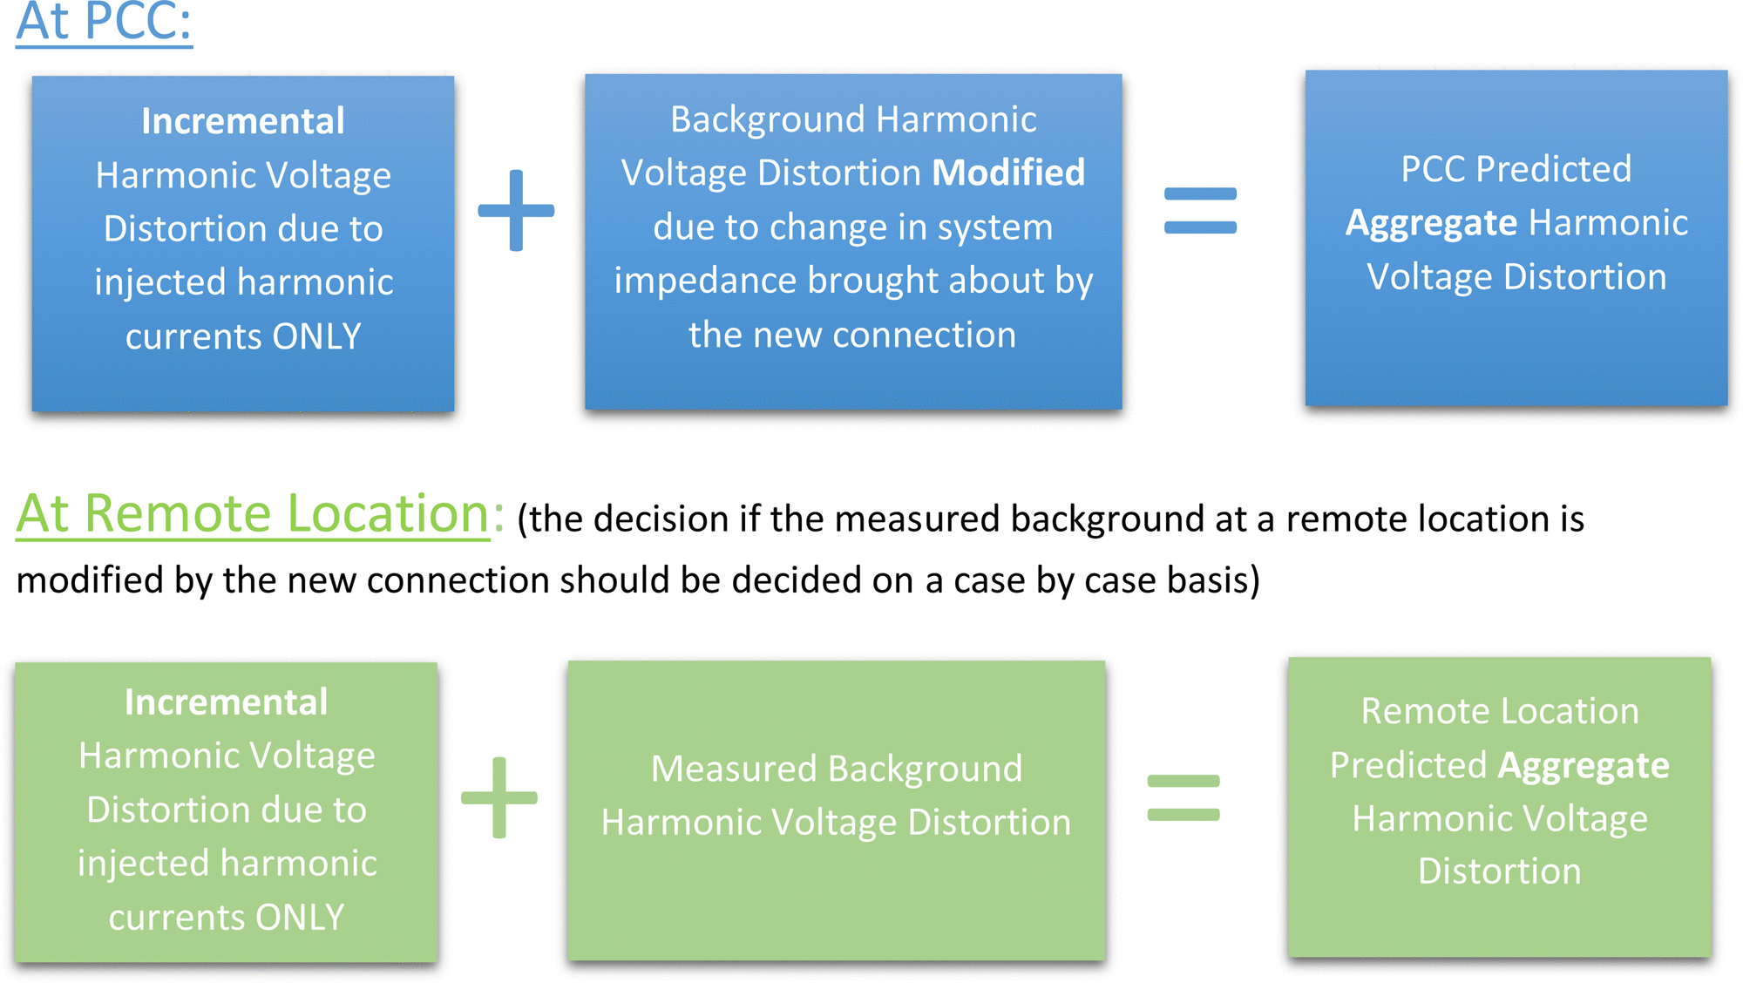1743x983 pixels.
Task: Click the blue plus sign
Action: point(516,210)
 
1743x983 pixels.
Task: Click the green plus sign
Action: point(499,797)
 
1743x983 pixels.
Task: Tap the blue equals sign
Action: point(1200,211)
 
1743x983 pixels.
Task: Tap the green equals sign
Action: point(1183,797)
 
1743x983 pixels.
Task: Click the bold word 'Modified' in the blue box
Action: point(1008,173)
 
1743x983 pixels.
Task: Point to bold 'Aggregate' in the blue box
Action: point(1432,224)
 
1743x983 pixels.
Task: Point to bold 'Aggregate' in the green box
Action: point(1584,766)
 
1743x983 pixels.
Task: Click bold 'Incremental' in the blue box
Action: point(243,121)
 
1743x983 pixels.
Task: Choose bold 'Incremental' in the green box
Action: point(227,702)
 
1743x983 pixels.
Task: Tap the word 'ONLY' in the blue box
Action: point(316,336)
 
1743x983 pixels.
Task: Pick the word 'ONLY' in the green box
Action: point(300,918)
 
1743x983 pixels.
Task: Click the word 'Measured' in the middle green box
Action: point(734,769)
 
